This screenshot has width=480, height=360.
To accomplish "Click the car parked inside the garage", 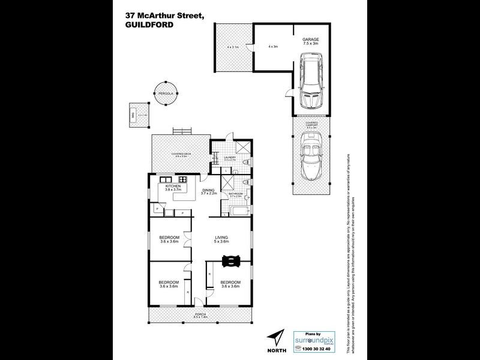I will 311,77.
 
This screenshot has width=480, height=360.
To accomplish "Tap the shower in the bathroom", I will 229,183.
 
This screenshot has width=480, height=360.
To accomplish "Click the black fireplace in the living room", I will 231,260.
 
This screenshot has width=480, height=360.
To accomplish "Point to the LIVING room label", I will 222,238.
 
